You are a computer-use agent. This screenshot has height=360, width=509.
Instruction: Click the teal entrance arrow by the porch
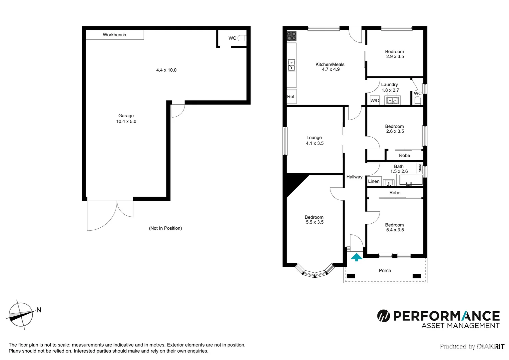(x=356, y=257)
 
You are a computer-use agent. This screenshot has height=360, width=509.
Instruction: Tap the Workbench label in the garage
(x=114, y=35)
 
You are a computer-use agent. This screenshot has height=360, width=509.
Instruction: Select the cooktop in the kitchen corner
(x=291, y=36)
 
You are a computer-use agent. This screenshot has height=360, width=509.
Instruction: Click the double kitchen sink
(x=291, y=65)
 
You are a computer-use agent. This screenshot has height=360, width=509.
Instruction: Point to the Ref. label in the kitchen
(x=291, y=97)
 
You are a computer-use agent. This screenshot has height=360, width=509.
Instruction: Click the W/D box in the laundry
(x=375, y=100)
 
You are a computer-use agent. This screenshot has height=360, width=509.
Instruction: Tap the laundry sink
(x=392, y=100)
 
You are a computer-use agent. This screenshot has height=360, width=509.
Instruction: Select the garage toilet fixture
(x=242, y=38)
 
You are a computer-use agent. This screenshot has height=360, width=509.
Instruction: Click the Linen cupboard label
(x=374, y=181)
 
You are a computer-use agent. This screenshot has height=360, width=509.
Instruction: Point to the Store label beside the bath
(x=420, y=168)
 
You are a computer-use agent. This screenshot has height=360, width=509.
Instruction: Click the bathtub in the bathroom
(x=411, y=180)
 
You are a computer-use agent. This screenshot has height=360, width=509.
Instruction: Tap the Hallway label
(x=354, y=177)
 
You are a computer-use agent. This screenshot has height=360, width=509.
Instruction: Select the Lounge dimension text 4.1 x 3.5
(x=314, y=143)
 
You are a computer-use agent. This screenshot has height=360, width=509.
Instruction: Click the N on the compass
(x=39, y=310)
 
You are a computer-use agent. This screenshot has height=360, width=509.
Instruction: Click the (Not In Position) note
(x=165, y=228)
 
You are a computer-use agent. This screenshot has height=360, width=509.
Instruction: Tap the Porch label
(x=385, y=271)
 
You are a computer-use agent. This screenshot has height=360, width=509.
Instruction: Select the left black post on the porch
(x=351, y=276)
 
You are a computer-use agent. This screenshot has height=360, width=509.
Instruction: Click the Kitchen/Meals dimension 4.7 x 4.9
(x=330, y=69)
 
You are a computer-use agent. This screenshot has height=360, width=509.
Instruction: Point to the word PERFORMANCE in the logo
(x=446, y=316)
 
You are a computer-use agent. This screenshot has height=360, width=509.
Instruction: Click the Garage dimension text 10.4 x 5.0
(x=126, y=122)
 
